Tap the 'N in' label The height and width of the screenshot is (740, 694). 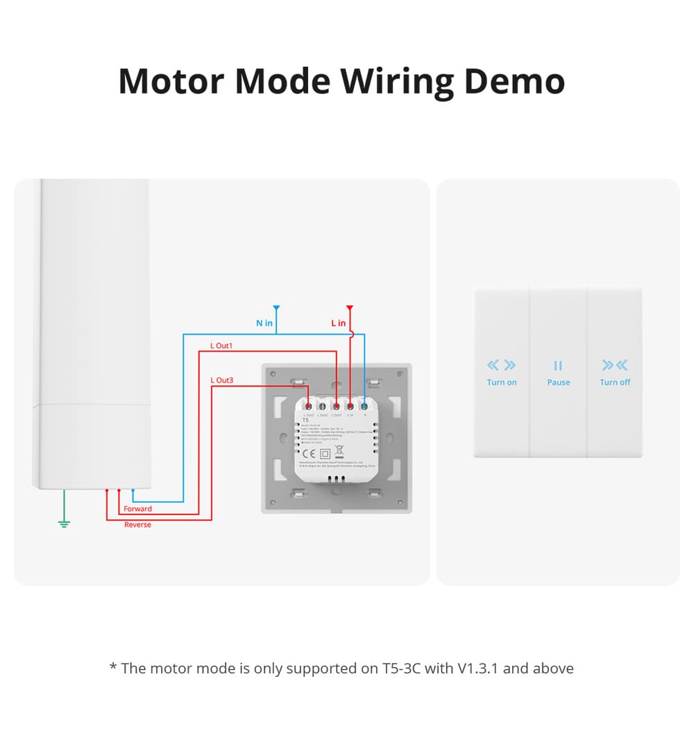pos(264,323)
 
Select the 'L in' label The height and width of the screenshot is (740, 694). pos(338,323)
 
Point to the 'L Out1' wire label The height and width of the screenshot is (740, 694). pos(221,346)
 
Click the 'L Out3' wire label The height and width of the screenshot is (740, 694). pos(221,380)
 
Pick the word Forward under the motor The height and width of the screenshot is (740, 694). pos(137,509)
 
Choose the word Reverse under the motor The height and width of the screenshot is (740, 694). pos(137,525)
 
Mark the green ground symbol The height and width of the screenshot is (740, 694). pos(64,523)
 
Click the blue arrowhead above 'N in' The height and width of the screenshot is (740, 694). pos(276,307)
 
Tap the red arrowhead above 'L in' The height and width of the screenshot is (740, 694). pos(350,307)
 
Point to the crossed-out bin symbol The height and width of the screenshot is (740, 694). pos(339,451)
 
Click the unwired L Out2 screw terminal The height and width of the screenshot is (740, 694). pos(323,405)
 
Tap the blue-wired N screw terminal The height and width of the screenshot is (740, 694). pos(364,405)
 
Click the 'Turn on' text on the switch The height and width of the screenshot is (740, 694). pos(502,382)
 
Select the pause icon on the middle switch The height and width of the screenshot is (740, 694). pos(558,366)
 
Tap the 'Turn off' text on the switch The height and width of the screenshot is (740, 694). pos(615,382)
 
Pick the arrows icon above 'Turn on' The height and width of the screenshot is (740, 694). pos(502,365)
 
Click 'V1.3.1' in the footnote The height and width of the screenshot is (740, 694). pos(478,668)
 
